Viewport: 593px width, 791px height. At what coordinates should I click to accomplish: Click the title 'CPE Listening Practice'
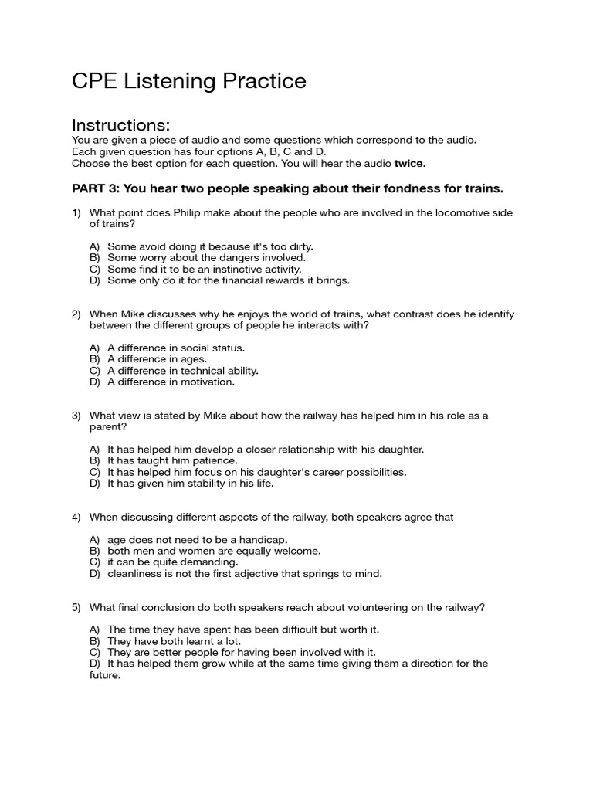[x=188, y=81]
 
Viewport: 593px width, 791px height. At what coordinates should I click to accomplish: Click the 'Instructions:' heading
[x=120, y=125]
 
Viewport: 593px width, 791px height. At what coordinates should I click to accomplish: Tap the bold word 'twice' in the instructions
[x=409, y=164]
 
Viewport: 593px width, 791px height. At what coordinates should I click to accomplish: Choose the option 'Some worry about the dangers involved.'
[x=206, y=258]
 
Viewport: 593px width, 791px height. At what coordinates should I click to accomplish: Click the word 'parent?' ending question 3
[x=108, y=426]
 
